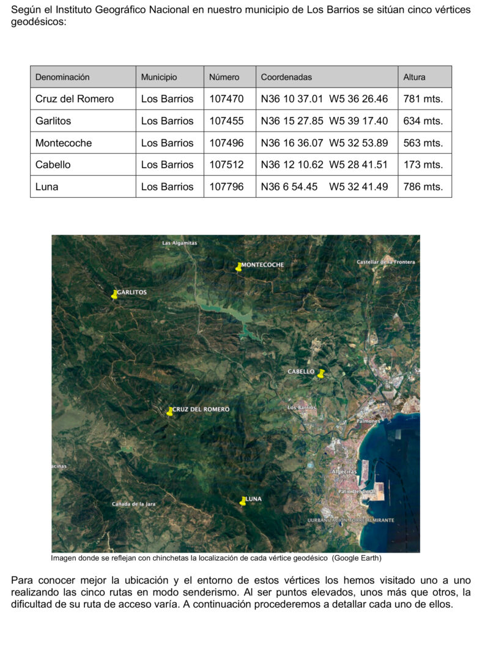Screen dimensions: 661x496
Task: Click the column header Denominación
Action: pos(62,77)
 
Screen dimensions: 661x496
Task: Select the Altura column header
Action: pos(414,77)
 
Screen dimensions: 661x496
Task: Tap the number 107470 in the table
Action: pos(226,99)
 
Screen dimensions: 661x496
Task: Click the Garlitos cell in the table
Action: pos(53,121)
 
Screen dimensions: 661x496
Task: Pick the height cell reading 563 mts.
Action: pos(423,143)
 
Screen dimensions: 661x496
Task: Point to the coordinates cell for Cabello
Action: pos(324,165)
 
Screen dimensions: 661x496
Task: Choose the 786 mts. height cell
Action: pos(423,187)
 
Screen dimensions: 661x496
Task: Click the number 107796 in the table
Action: pos(226,187)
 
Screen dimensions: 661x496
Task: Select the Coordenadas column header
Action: pos(286,77)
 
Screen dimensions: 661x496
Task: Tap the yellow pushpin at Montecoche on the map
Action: pos(239,267)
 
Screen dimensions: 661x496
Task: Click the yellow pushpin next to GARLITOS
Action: pos(114,294)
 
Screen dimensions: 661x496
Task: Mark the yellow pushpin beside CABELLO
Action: pos(321,373)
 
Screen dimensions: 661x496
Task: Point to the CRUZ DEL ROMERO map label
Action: pos(201,409)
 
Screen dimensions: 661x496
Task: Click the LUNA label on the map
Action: pos(254,499)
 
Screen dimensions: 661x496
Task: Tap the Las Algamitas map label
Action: pos(180,243)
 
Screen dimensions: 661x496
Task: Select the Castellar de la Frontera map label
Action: pos(385,262)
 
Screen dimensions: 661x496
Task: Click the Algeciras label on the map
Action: pos(344,472)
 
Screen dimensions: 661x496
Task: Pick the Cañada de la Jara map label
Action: pos(134,504)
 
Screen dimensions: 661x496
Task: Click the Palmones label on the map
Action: pos(368,421)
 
